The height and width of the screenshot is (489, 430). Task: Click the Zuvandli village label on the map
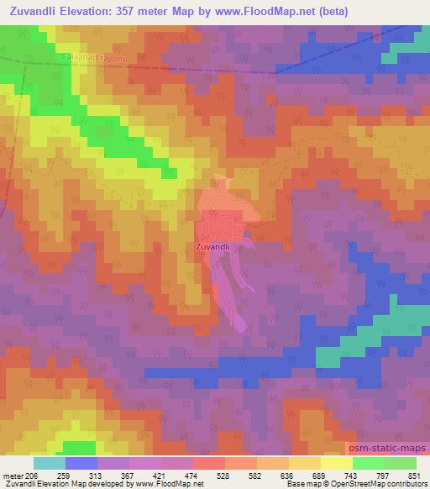(212, 247)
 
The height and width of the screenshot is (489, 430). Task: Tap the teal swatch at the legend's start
(50, 463)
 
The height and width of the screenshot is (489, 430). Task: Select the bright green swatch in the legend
(369, 463)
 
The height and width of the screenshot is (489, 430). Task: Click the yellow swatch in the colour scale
(337, 463)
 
